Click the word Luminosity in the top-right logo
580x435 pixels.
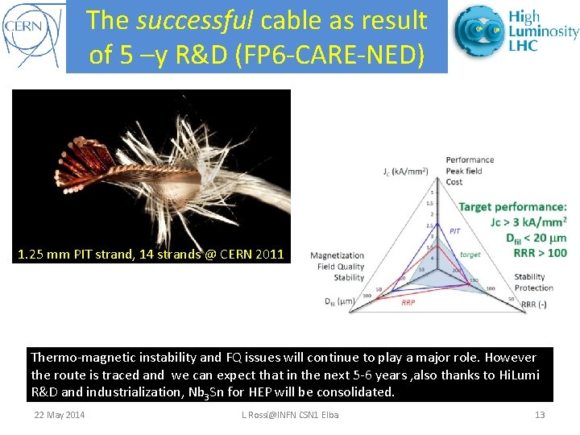tap(543, 31)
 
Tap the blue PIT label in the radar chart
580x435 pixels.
tap(454, 230)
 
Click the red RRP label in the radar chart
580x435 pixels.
tap(408, 303)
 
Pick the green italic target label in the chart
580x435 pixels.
tap(470, 255)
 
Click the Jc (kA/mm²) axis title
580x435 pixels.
tap(405, 171)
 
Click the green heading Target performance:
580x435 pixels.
tap(512, 207)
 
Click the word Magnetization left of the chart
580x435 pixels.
tap(337, 255)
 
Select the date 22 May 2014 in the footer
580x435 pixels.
tap(59, 415)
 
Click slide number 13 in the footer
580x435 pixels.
tap(540, 415)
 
